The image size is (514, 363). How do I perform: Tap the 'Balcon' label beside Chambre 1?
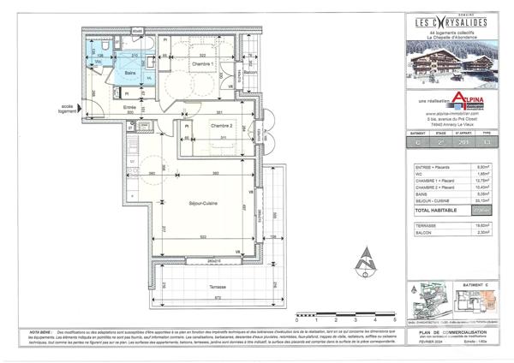[251, 74]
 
